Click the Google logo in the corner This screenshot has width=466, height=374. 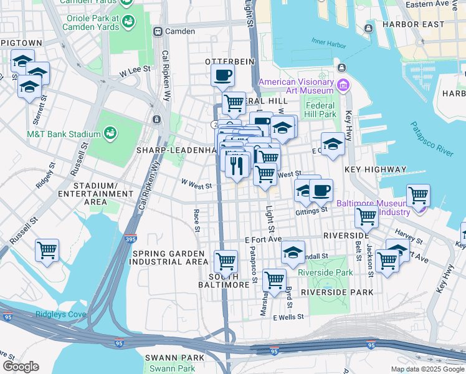coord(21,367)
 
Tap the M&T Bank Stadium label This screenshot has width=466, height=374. coord(64,134)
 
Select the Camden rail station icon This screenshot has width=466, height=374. coord(158,31)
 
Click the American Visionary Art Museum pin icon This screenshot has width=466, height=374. coord(342,85)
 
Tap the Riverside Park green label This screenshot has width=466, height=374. coord(325,272)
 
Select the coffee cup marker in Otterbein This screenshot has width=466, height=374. coord(222,77)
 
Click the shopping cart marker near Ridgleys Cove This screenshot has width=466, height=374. coord(47,251)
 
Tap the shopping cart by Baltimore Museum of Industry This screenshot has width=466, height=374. coord(418,195)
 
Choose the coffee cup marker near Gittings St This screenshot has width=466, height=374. coord(321,191)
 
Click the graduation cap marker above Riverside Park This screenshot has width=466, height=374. coord(293,252)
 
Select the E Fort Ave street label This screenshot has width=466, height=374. coord(264,239)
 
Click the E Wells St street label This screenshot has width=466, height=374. coord(288,317)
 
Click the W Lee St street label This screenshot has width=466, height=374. coord(136,72)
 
